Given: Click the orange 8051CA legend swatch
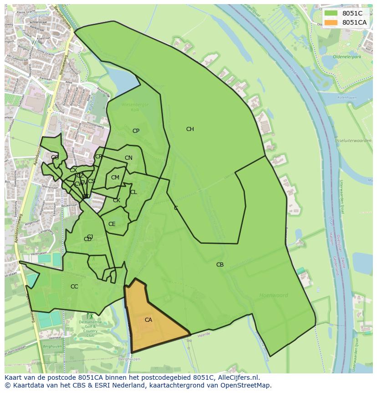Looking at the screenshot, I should coord(331,22).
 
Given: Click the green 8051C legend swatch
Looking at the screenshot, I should coord(331,13).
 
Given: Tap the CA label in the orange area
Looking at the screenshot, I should coord(148,320).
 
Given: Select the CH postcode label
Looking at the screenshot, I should coord(190,129).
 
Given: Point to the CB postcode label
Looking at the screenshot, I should coord(220,265).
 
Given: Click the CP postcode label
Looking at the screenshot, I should coord(136,131).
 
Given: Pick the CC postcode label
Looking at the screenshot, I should coord(74,287).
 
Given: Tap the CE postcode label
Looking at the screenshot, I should coord(112,224).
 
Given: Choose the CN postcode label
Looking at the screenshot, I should coord(128,158).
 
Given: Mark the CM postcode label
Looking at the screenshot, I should coord(115,178).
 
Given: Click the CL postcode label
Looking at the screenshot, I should coord(133,192).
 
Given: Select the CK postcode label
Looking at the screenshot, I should coord(117,200).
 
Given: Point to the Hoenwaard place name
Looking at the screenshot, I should coord(274,295).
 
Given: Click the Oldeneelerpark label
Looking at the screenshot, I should coord(346,57).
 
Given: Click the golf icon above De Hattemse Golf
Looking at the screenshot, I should coord(90,316).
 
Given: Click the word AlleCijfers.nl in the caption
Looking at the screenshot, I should coord(236,377).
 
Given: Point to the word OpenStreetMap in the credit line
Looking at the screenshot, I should coord(246,385).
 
